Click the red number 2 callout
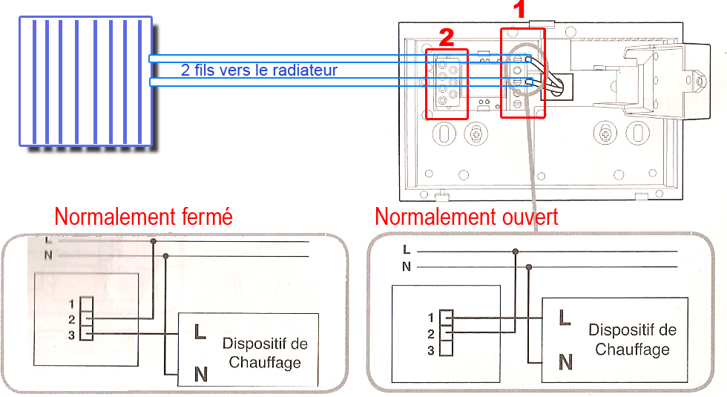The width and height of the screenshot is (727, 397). (446, 36)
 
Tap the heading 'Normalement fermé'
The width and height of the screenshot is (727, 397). (144, 217)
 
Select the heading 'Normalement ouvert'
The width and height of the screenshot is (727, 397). (467, 217)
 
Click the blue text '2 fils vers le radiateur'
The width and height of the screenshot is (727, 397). (259, 70)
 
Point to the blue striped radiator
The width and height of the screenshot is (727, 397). (85, 82)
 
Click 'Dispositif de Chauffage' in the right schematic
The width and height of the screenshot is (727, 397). (632, 339)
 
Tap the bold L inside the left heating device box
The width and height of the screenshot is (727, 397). (200, 332)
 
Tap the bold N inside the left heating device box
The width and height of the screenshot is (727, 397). (200, 374)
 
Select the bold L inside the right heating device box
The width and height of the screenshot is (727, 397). (565, 318)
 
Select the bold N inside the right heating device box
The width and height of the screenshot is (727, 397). (565, 362)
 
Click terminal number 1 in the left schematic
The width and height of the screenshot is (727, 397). (71, 304)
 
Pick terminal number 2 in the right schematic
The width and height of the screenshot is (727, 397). (431, 335)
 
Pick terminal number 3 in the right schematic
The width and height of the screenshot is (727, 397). (431, 350)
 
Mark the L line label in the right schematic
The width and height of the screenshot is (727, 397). (406, 250)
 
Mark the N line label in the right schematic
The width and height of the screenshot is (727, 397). (406, 266)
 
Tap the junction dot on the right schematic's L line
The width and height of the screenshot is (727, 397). (515, 252)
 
